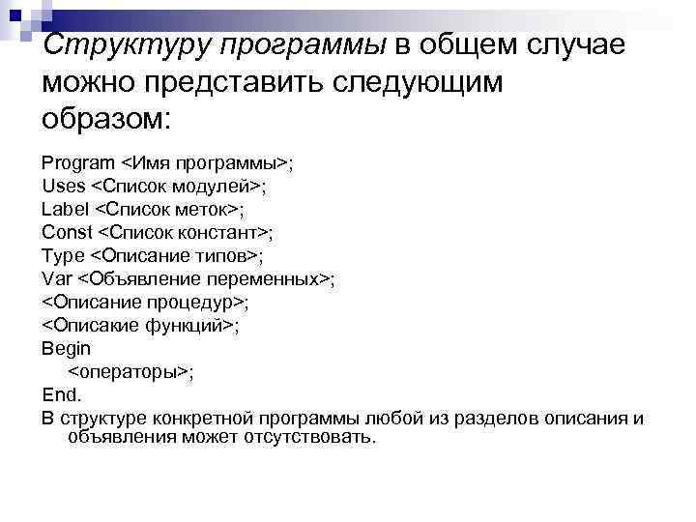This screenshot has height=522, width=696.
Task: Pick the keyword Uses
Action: pos(63,186)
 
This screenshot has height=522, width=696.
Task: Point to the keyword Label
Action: pos(64,209)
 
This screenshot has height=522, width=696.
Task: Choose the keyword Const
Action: pos(68,232)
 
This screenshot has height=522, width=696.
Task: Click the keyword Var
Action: pos(57,279)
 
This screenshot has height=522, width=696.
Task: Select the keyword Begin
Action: pos(67,349)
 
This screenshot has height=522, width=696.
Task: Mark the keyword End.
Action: pos(63,395)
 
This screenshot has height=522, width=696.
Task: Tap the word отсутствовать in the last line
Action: pos(312,437)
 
